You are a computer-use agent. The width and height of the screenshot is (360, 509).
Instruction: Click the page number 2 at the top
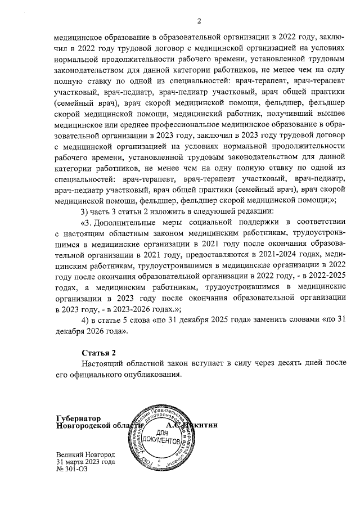click(x=199, y=21)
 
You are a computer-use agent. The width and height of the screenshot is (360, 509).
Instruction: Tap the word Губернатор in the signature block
click(x=78, y=418)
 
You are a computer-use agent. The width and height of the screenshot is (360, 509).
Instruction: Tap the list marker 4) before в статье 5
click(x=85, y=319)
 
